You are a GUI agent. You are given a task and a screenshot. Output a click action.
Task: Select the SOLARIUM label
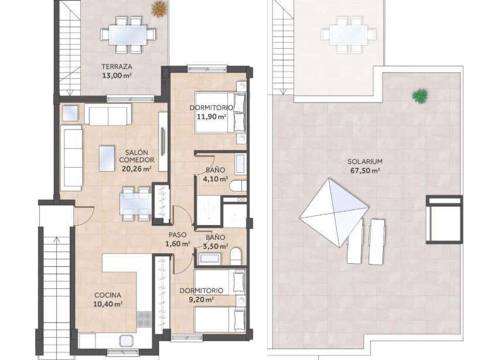364,161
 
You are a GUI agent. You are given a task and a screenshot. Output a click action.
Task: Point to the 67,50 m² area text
364,171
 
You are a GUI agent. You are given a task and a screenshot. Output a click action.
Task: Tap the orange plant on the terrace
159,9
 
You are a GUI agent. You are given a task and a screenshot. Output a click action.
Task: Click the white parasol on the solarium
335,208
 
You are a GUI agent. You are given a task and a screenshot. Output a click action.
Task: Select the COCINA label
108,295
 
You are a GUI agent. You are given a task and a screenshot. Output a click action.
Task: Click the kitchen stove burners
144,320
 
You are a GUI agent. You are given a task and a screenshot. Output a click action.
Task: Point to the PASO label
178,235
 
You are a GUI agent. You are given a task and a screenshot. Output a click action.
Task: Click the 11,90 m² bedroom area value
212,117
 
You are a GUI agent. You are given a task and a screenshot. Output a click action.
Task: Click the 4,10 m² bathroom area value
215,179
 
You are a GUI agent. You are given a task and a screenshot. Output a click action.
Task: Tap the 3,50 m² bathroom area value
214,246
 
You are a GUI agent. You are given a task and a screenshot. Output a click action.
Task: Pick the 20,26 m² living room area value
137,168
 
